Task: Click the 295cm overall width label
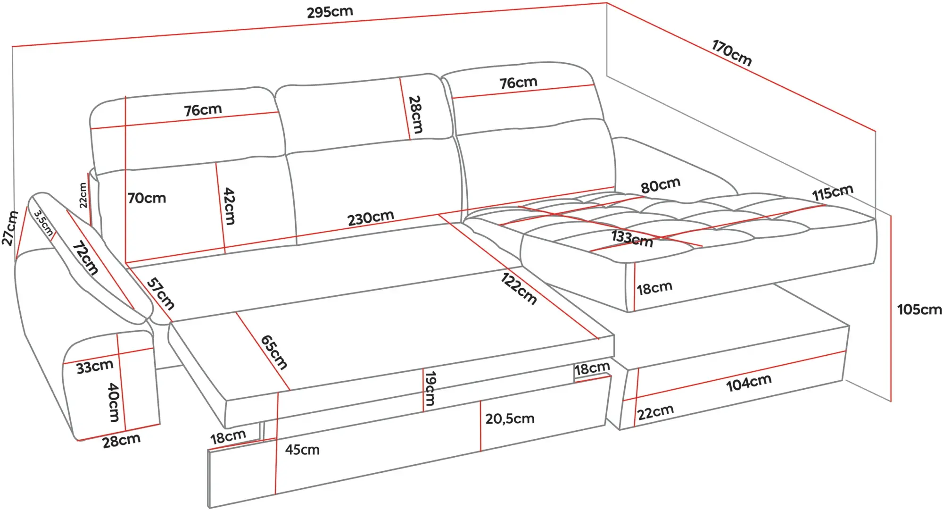tap(330, 12)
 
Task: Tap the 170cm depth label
tap(731, 53)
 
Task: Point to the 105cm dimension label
tap(919, 309)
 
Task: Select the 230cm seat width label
tap(371, 218)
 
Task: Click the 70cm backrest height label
tap(147, 198)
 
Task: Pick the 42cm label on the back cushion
tap(229, 206)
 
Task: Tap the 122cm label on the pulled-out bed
tap(519, 289)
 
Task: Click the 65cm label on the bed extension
tap(274, 352)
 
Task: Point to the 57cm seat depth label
tap(161, 293)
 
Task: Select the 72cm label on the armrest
tap(85, 258)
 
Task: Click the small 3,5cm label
tap(43, 223)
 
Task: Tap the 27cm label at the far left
tap(10, 228)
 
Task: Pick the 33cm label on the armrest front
tap(95, 367)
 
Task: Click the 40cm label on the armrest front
tap(114, 402)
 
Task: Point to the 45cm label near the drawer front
tap(302, 450)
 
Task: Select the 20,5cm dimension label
tap(510, 418)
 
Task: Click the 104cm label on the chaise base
tap(749, 383)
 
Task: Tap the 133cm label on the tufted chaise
tap(632, 239)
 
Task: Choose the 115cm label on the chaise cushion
tap(833, 192)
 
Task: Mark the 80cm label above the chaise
tap(661, 185)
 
